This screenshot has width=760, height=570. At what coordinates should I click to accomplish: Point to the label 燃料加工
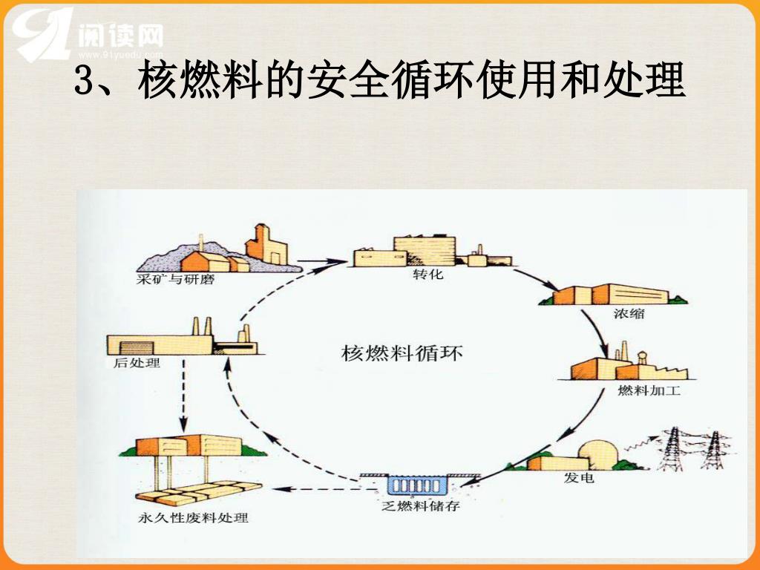(649, 390)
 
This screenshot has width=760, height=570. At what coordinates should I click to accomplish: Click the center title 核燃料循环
(402, 351)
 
